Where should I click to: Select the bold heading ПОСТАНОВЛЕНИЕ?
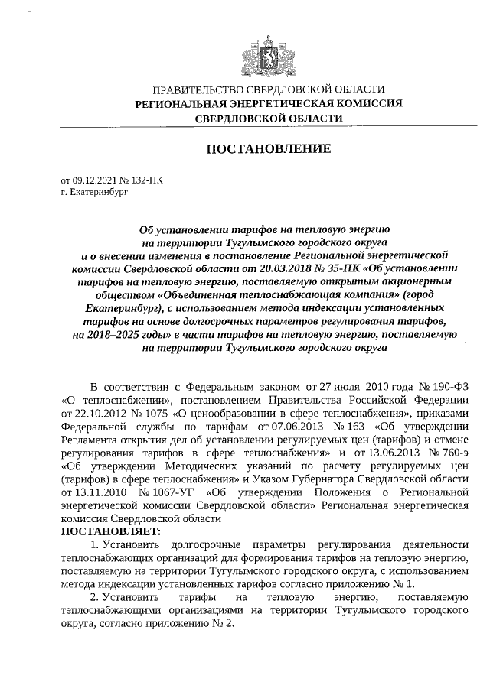coord(269,148)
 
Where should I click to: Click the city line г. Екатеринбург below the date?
coord(95,193)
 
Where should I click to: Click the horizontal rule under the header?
coord(268,126)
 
